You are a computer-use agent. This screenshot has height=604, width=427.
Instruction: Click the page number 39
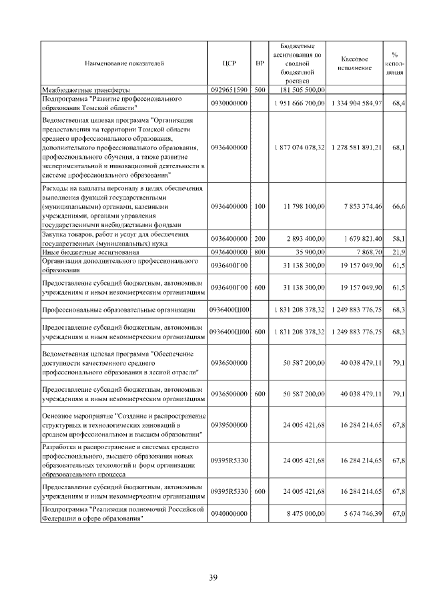(x=213, y=577)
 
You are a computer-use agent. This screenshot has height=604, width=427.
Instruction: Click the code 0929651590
(x=229, y=89)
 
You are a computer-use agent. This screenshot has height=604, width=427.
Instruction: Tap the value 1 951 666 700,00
(x=298, y=103)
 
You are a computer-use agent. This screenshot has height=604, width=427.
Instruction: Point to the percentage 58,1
(x=400, y=238)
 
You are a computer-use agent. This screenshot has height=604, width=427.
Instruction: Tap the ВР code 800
(x=260, y=252)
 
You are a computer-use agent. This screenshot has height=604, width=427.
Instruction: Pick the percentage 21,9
(x=400, y=252)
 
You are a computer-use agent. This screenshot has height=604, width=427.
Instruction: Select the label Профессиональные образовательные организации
(x=119, y=310)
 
